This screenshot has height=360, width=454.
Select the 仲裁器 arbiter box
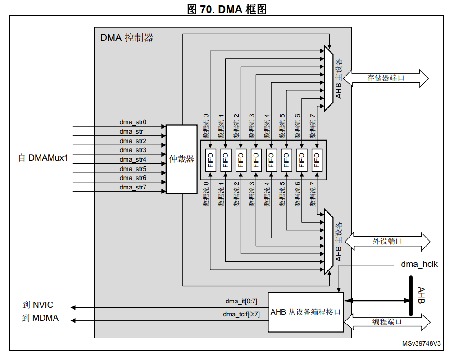[182, 159]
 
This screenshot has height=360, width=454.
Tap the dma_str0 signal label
[133, 122]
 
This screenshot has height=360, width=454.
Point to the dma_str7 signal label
[133, 187]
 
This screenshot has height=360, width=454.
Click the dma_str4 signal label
[133, 159]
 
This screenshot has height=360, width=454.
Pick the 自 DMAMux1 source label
[43, 158]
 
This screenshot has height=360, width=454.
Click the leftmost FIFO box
[209, 160]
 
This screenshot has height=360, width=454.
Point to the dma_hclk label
[419, 264]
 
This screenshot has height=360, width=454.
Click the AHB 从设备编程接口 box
[305, 312]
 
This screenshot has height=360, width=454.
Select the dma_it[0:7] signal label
[241, 301]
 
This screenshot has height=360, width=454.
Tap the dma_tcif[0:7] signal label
[241, 314]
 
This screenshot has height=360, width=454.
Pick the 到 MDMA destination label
[40, 318]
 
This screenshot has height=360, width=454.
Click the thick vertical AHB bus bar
[411, 296]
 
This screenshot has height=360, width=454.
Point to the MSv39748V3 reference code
[422, 343]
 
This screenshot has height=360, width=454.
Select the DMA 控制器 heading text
[127, 38]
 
